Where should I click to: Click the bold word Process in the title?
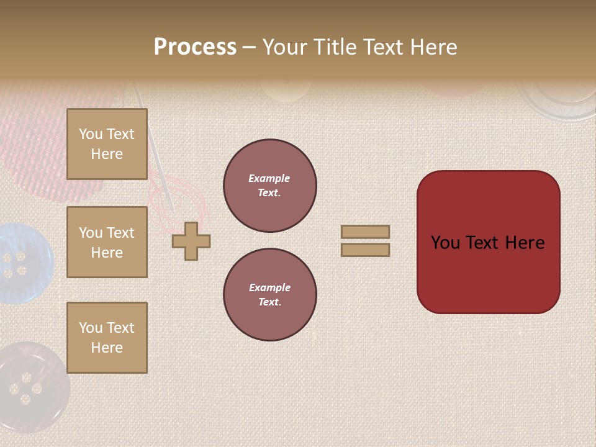pos(195,47)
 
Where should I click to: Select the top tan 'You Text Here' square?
pos(107,144)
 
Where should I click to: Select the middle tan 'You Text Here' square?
pos(107,242)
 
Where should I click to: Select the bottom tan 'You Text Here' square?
pos(107,338)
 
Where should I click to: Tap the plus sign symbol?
pos(191,241)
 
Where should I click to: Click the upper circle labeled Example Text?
pos(270,186)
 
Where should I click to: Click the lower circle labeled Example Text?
pos(270,295)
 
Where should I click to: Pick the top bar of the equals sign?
pos(365,232)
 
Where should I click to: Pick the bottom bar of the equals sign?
pos(365,250)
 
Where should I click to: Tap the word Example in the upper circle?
pos(269,178)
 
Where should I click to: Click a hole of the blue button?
pos(9,257)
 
